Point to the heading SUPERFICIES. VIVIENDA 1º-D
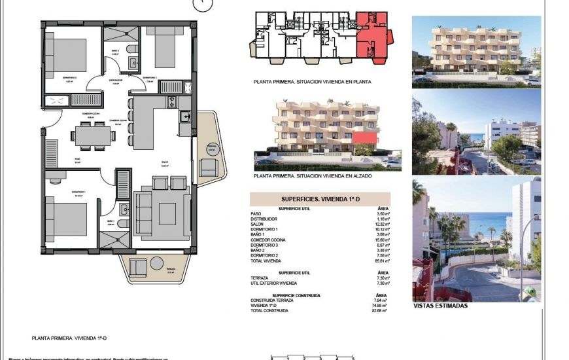pos(320,198)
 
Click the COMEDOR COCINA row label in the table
pos(268,240)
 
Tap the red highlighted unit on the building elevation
pos(369,138)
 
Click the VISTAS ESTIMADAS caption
pos(440,306)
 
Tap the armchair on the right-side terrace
pos(208,168)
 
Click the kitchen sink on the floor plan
pos(185,118)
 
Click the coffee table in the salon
pos(167,212)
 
